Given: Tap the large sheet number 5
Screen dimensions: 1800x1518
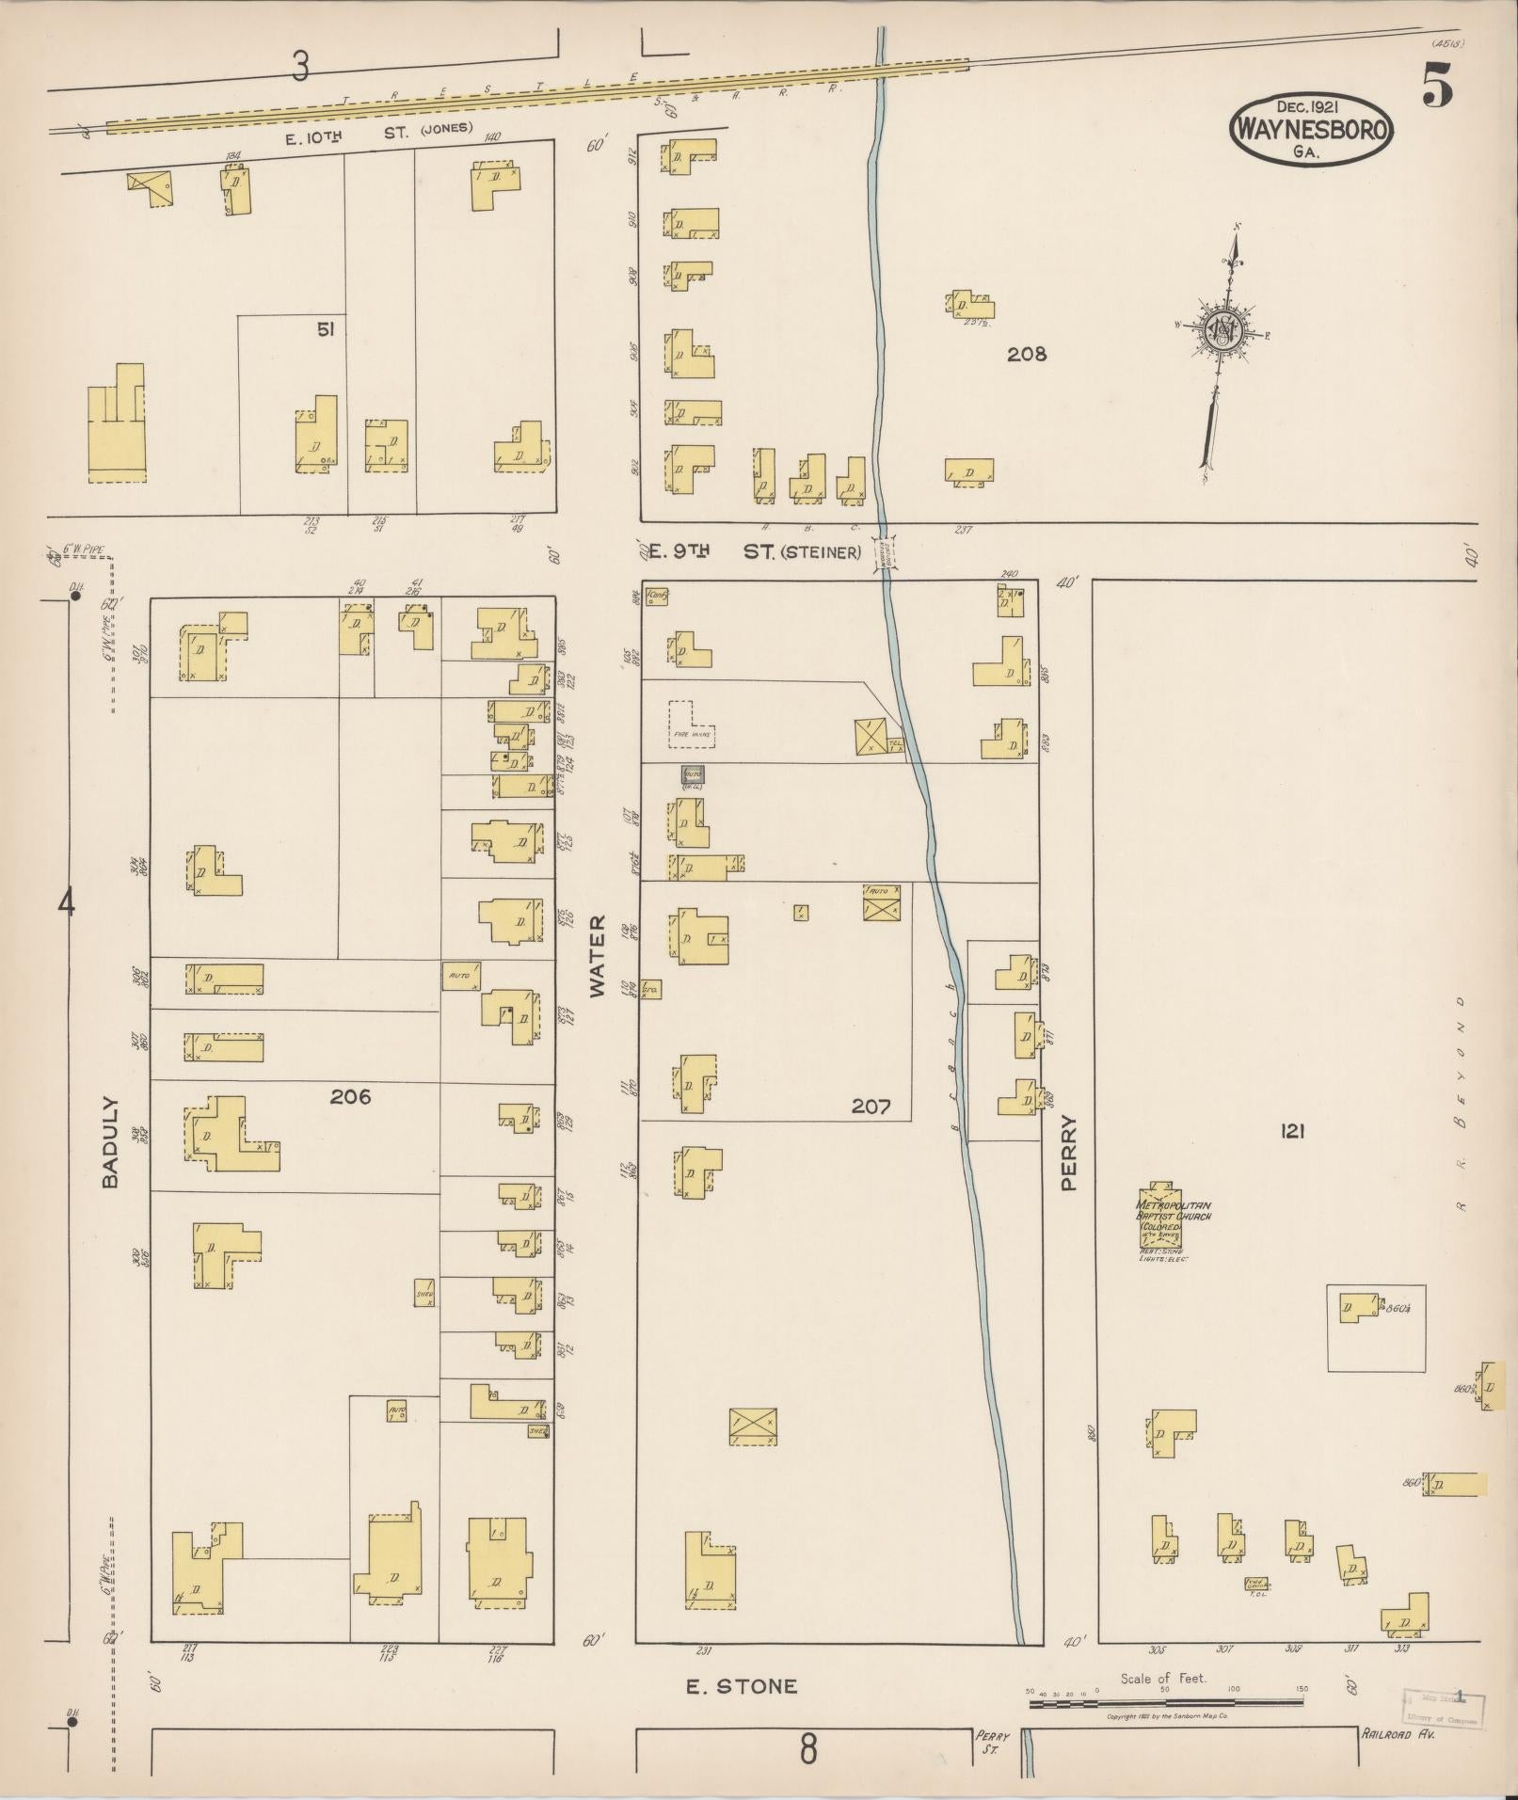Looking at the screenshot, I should [1436, 87].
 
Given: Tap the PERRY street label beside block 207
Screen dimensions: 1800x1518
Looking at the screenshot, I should [1068, 1153].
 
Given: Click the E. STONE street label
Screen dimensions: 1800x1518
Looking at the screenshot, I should [741, 1686].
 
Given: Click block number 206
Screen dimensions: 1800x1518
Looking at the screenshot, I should [350, 1096].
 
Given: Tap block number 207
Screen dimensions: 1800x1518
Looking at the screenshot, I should [871, 1107].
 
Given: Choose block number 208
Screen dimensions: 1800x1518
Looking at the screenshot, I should [1026, 355].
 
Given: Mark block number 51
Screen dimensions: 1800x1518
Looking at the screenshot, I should [326, 329].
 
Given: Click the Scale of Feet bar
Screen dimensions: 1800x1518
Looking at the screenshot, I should [1164, 1702].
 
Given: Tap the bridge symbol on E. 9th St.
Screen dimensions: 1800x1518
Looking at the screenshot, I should [886, 552].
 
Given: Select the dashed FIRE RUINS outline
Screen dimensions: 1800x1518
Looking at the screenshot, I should [691, 724].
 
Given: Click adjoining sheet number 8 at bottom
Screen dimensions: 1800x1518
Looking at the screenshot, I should [807, 1751].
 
